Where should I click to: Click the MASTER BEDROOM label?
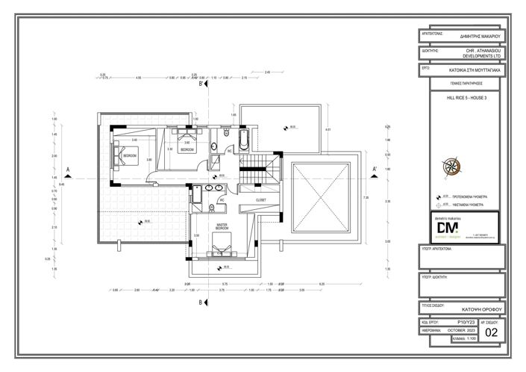tap(222, 225)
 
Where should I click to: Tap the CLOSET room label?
tap(260, 200)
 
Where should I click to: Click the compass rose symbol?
tap(452, 166)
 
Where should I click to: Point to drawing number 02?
tap(490, 332)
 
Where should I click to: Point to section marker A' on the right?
tap(374, 169)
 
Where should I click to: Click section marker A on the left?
tap(68, 169)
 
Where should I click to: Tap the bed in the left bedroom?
tap(120, 155)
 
